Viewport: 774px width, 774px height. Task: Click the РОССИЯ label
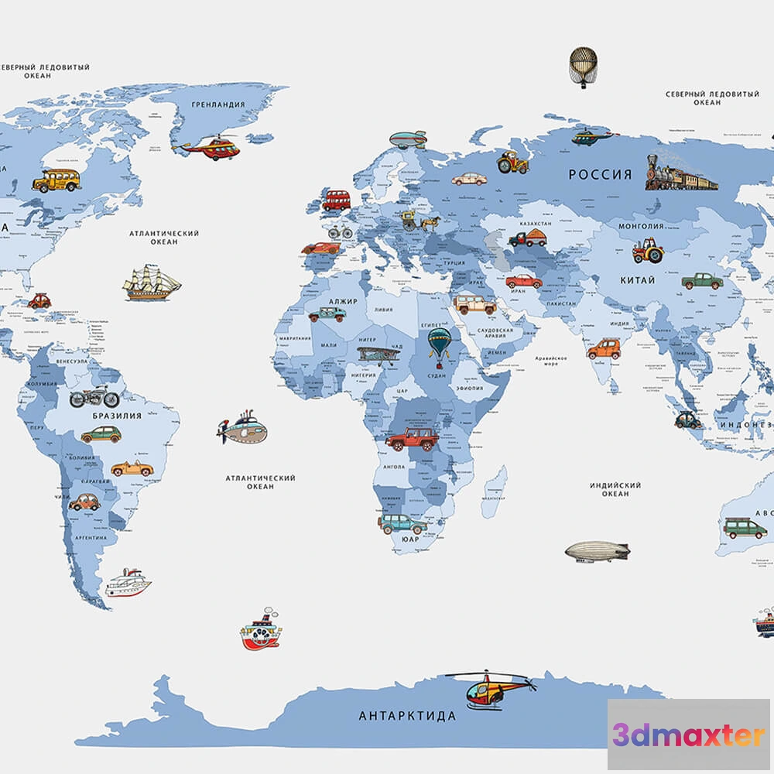600,174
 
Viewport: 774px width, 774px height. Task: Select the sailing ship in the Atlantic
151,283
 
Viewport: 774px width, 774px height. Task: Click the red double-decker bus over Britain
336,200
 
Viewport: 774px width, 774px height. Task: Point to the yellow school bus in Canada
57,180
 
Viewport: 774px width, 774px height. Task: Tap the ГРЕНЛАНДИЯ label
218,104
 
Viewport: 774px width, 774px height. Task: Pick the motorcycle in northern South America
94,398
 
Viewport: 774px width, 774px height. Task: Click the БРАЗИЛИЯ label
117,416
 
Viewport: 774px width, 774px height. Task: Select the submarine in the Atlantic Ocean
243,430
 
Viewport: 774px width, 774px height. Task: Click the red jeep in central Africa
412,439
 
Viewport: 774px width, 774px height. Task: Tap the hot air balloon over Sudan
440,343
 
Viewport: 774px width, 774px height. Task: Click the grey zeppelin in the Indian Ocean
596,551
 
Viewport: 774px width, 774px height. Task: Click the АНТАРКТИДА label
407,716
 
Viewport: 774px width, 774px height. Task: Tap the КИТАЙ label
637,280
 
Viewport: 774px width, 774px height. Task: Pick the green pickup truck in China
702,281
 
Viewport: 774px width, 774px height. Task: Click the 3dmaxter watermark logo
688,735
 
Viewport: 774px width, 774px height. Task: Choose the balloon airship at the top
583,66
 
